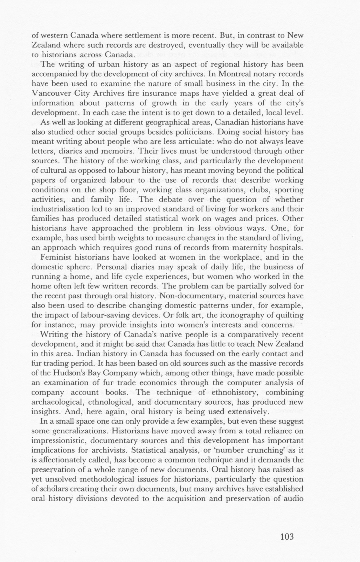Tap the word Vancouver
click(x=50, y=93)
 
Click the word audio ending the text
click(x=293, y=498)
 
